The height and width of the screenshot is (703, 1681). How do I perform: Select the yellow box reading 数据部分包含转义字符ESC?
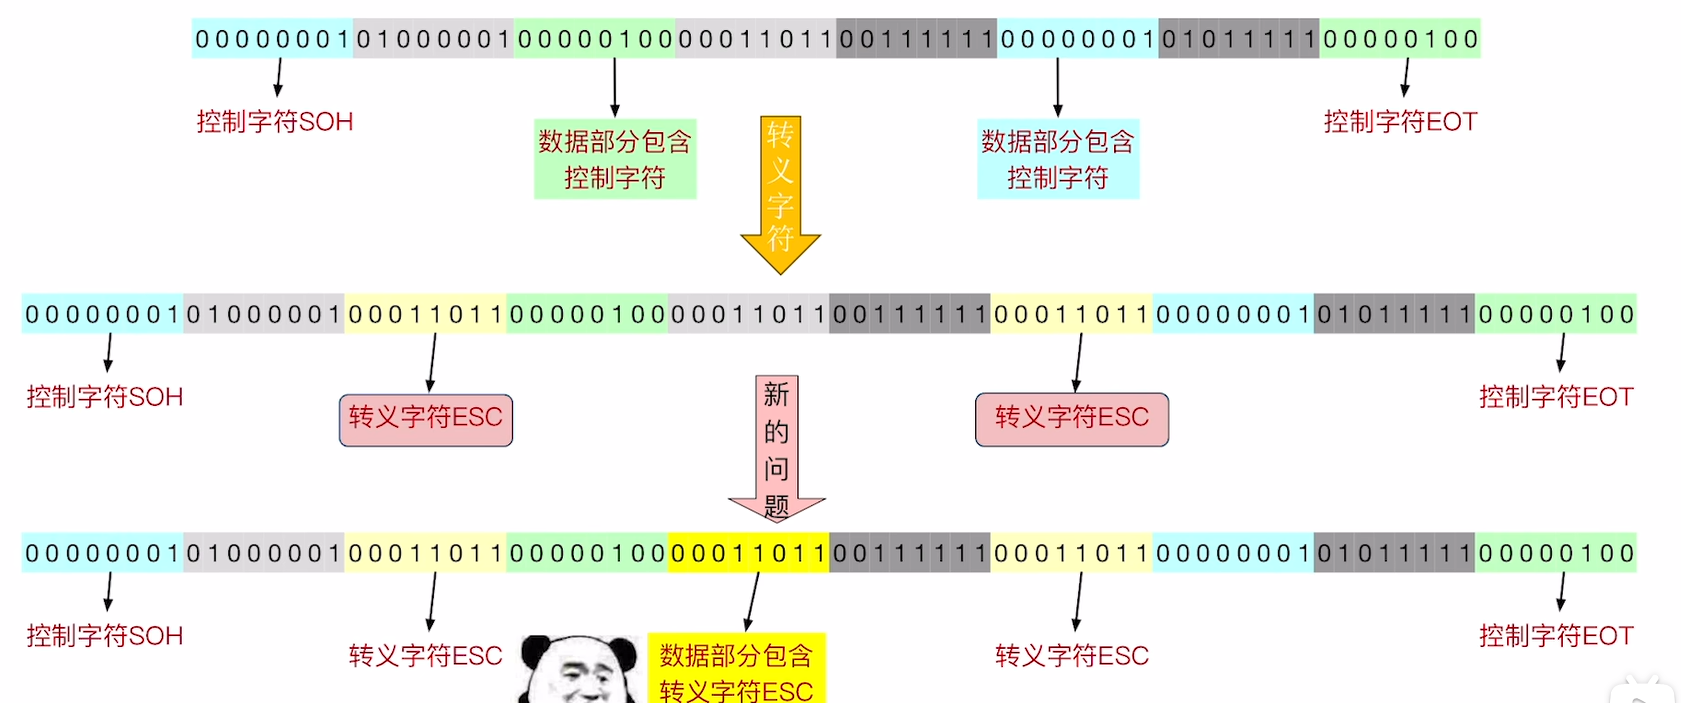736,671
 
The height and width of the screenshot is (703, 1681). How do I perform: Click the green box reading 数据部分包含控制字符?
615,159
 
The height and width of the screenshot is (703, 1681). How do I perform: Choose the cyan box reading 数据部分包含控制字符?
1058,159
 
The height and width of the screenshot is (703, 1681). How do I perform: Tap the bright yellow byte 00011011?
749,553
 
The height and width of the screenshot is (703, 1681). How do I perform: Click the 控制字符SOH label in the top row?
275,122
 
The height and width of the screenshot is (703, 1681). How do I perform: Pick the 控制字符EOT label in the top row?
1400,122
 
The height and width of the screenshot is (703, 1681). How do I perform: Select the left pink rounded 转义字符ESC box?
426,419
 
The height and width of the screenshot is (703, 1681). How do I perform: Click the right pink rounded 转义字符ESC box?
1072,419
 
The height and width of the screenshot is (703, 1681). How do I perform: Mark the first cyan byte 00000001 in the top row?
272,39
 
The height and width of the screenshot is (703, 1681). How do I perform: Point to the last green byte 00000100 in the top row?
1400,39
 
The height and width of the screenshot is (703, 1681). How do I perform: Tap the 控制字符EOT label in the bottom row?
1556,636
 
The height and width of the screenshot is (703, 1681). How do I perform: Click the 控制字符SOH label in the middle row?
105,397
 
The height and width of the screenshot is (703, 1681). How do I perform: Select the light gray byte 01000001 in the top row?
434,39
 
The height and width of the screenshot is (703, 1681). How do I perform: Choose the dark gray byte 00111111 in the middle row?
910,314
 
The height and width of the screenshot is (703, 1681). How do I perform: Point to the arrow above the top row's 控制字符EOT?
1406,77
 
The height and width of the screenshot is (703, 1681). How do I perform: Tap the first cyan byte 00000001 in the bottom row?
102,553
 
